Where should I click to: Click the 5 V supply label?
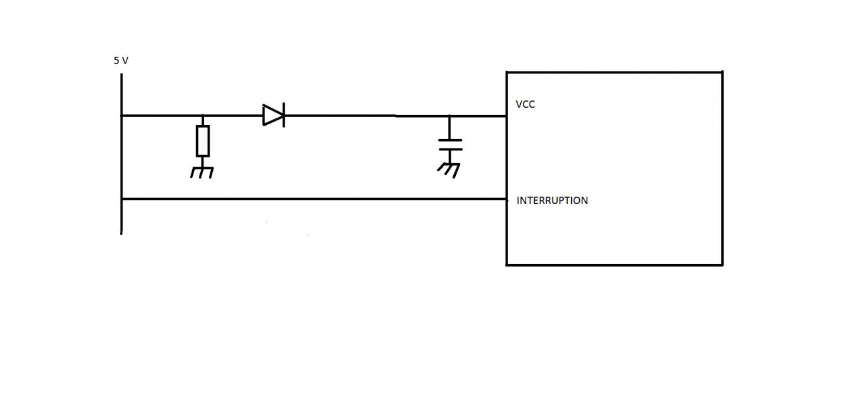tap(121, 60)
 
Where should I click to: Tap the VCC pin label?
tap(525, 104)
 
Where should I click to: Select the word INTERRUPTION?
tap(552, 200)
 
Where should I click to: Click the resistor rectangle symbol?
tap(203, 140)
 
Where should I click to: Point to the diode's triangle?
tap(272, 115)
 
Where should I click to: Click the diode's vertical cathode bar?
tap(283, 115)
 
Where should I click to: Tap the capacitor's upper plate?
tap(450, 140)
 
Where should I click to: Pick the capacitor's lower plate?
tap(450, 149)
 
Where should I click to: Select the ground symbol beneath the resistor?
tap(202, 172)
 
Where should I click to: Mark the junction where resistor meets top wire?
tap(203, 116)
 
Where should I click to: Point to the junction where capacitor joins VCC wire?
tap(450, 116)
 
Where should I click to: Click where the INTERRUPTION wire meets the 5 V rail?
tap(122, 199)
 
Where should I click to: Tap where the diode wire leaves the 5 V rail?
tap(122, 116)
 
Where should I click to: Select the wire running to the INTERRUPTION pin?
tap(315, 199)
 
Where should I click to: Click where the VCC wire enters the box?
tap(506, 116)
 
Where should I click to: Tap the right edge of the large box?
tap(722, 167)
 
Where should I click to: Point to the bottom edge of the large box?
tap(614, 265)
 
